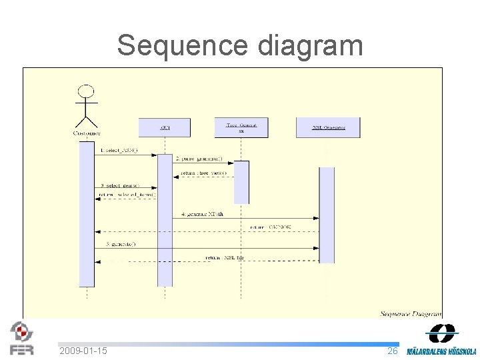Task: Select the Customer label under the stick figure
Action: coord(87,133)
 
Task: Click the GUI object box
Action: coord(164,127)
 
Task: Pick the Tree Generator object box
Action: coord(241,127)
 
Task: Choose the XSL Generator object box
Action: coord(328,127)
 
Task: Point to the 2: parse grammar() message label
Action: coord(199,159)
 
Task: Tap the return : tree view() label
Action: coord(203,173)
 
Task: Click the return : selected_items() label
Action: coord(127,195)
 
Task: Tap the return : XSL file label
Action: coord(225,257)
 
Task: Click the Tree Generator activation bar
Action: coord(241,181)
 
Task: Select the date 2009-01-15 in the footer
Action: coord(83,351)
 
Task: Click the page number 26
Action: coord(393,351)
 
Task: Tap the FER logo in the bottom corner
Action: coord(21,339)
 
